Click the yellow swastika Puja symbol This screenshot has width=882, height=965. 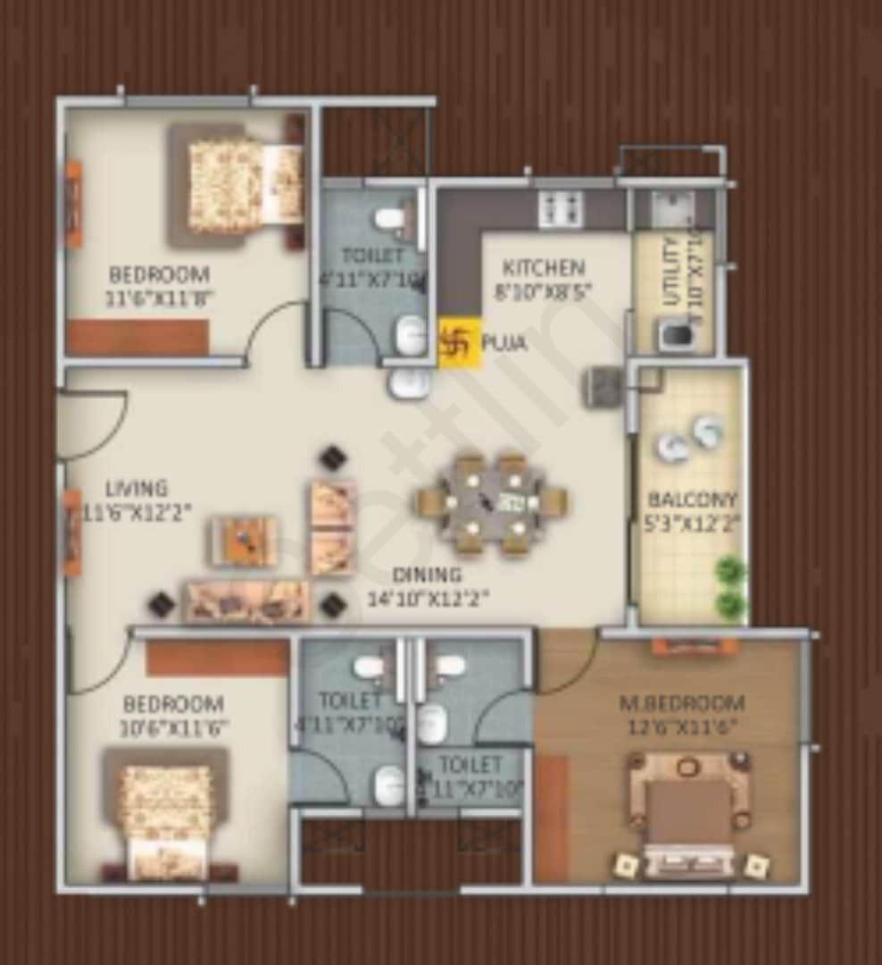click(459, 343)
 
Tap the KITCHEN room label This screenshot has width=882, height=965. click(544, 268)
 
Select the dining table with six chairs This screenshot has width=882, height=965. click(492, 503)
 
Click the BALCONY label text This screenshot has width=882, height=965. click(693, 499)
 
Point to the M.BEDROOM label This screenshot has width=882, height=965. click(682, 703)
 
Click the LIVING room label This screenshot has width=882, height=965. click(136, 489)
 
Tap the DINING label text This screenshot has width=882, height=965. click(427, 575)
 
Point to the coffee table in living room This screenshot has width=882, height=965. click(243, 541)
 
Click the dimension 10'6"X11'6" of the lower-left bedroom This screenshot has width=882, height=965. click(174, 728)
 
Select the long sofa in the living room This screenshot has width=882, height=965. click(246, 600)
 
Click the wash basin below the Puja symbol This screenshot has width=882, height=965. click(409, 382)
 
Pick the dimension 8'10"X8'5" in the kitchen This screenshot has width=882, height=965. click(545, 292)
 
